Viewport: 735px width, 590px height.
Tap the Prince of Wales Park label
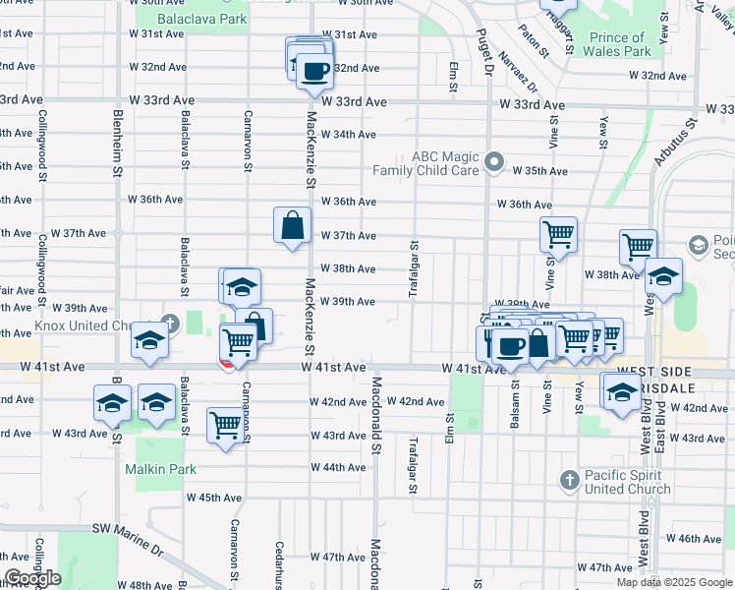(x=620, y=44)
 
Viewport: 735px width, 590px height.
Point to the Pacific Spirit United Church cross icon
(x=568, y=480)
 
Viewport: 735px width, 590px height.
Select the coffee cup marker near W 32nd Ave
(x=314, y=71)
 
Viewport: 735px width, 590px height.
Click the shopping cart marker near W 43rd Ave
(x=226, y=426)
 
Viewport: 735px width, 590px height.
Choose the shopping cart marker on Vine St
(x=558, y=235)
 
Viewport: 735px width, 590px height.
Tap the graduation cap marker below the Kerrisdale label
(x=622, y=392)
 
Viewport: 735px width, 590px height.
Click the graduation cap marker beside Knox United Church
(x=149, y=340)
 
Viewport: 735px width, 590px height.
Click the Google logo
(x=32, y=578)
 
